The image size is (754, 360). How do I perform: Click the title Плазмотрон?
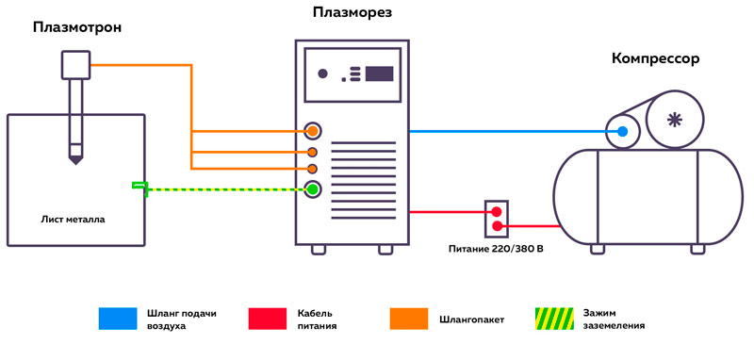77,27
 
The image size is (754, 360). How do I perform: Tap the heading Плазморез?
352,12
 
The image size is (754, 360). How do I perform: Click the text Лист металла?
74,219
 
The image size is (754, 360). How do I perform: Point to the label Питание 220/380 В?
498,250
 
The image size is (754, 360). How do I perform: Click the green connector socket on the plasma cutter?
313,189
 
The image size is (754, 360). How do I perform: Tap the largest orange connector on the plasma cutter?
313,131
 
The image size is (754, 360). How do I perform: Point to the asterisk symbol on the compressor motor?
673,119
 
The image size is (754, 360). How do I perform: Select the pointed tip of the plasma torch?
74,160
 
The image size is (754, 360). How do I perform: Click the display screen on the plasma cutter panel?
380,73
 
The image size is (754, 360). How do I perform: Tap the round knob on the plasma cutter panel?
322,74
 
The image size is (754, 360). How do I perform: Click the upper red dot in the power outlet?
497,213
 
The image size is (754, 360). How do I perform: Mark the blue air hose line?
509,132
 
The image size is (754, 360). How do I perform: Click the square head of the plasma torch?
74,64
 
